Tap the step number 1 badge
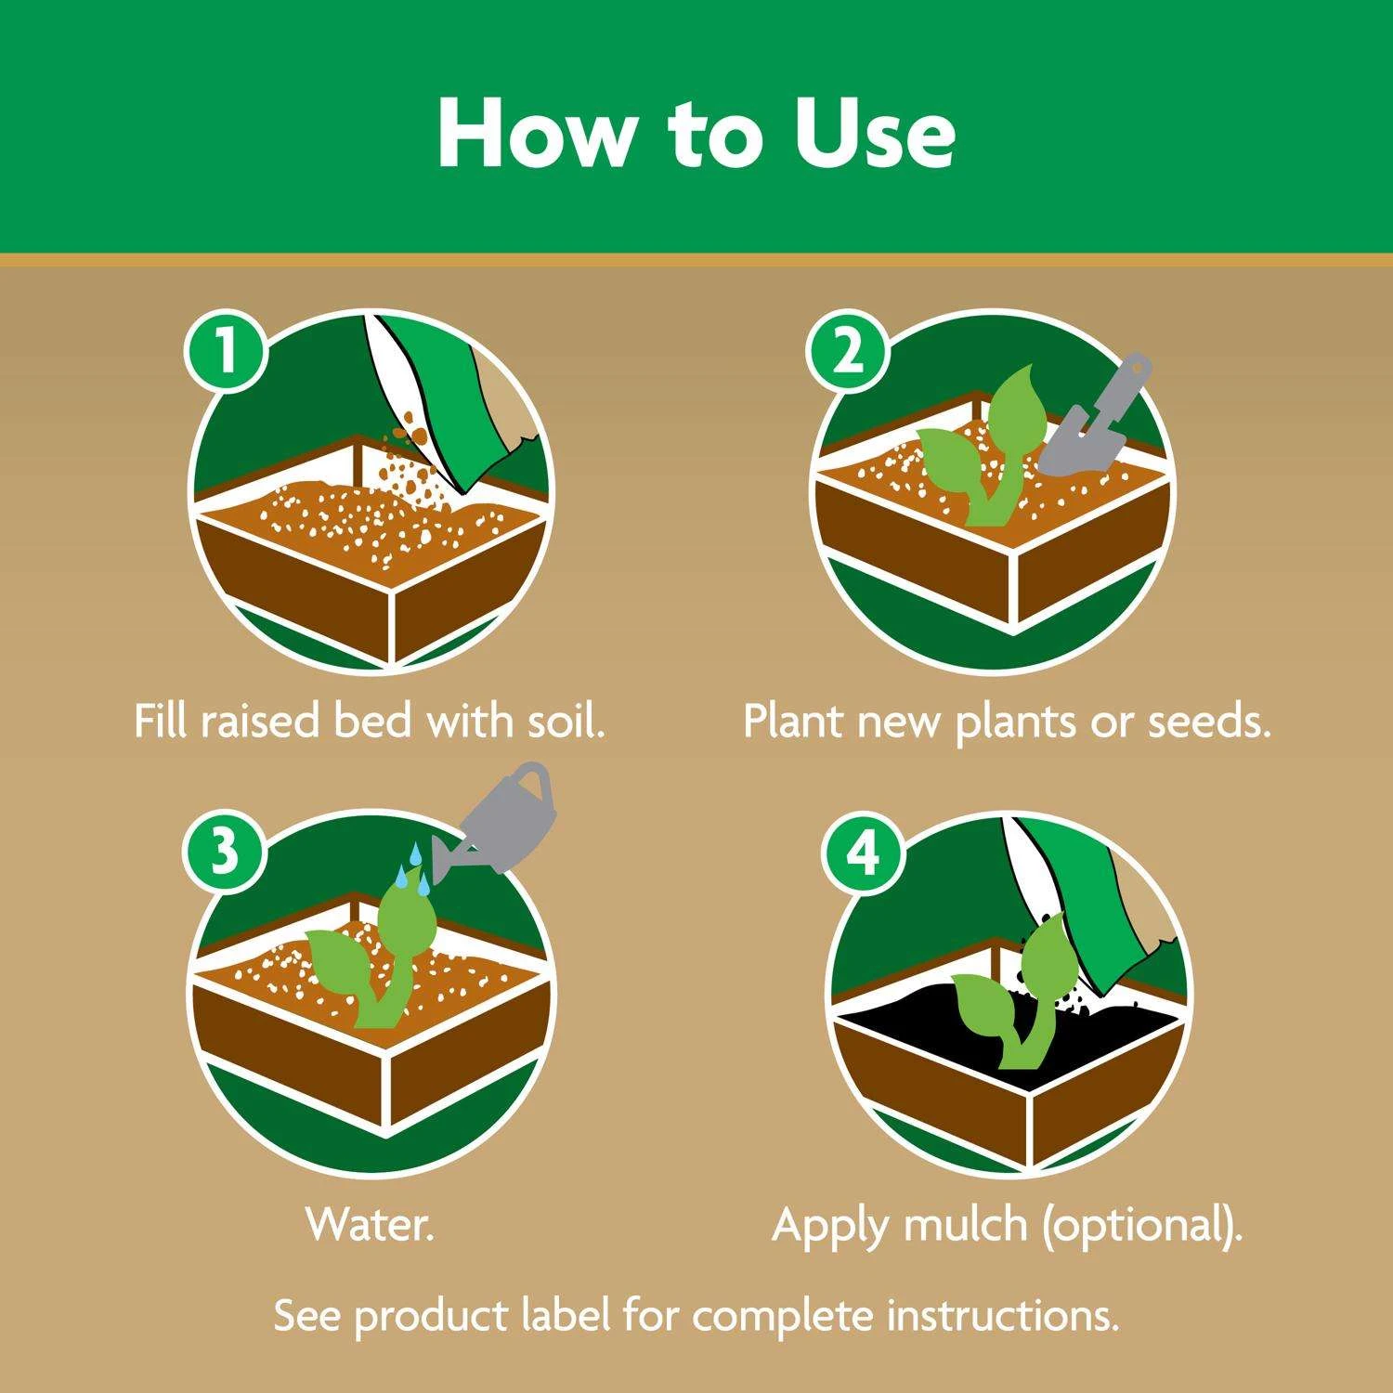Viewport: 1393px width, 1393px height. (226, 352)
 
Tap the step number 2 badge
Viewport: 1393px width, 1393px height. (846, 352)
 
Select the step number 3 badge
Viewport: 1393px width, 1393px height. (226, 852)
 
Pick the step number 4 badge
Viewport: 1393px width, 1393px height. (863, 852)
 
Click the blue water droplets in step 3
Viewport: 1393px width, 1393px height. (413, 868)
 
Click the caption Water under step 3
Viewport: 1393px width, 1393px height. (370, 1224)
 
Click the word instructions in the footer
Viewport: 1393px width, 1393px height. (1002, 1315)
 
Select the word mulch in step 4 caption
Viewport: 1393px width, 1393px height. (965, 1224)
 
